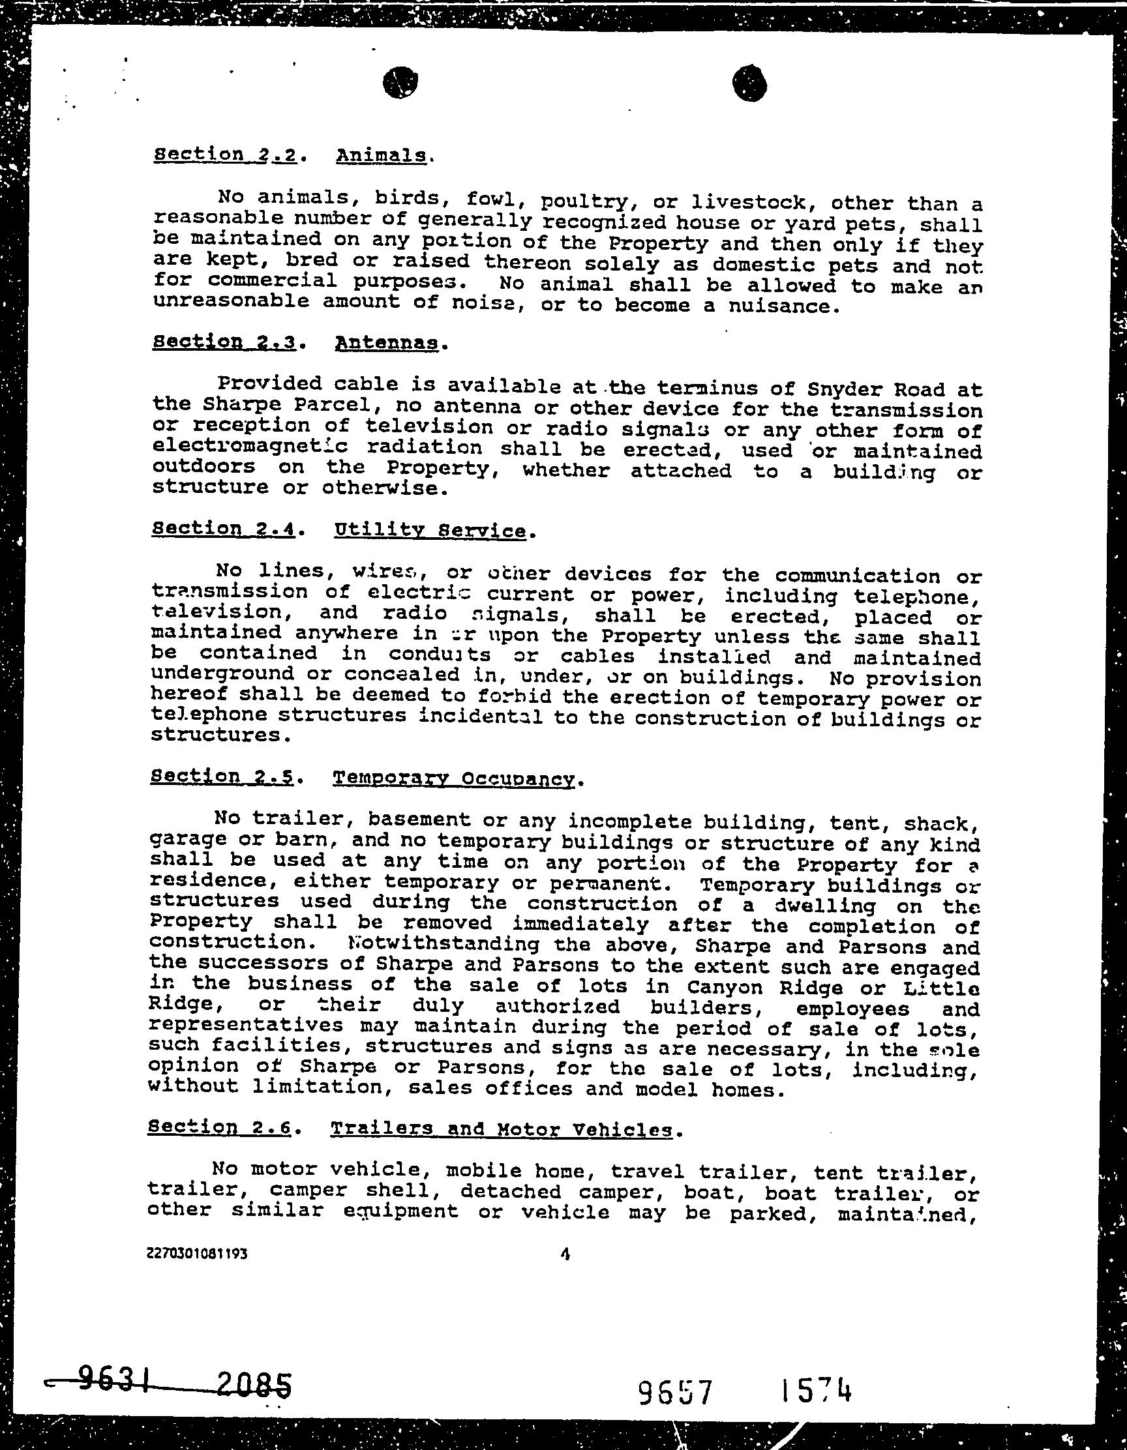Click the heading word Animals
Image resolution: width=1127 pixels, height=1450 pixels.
click(380, 156)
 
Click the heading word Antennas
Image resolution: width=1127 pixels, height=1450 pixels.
click(387, 343)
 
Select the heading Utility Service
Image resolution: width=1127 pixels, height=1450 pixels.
click(430, 531)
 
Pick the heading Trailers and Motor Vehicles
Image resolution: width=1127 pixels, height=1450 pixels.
click(501, 1129)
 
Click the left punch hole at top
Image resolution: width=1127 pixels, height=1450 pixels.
click(400, 82)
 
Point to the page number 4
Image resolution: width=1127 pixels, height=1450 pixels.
click(565, 1254)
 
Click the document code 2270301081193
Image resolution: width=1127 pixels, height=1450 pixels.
click(197, 1254)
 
